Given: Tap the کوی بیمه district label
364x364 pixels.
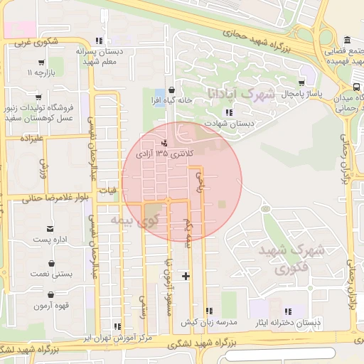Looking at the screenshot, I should (133, 221).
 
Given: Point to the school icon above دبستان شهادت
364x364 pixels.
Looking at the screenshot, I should (228, 112).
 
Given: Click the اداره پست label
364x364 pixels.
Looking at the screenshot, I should (50, 240).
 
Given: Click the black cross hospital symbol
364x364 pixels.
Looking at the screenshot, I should (186, 276).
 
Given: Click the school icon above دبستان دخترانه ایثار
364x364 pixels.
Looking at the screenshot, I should (288, 311).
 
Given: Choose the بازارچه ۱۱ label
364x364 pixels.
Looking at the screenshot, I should (41, 73).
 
